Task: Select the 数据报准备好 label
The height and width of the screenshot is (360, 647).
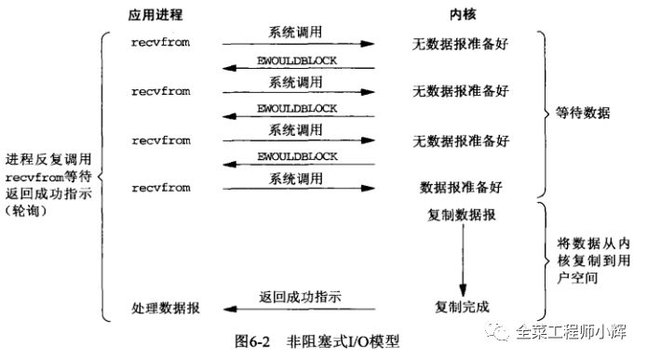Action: [x=462, y=188]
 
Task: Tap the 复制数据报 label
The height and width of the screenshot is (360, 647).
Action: [x=462, y=216]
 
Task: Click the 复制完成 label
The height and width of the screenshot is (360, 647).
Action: [x=462, y=306]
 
